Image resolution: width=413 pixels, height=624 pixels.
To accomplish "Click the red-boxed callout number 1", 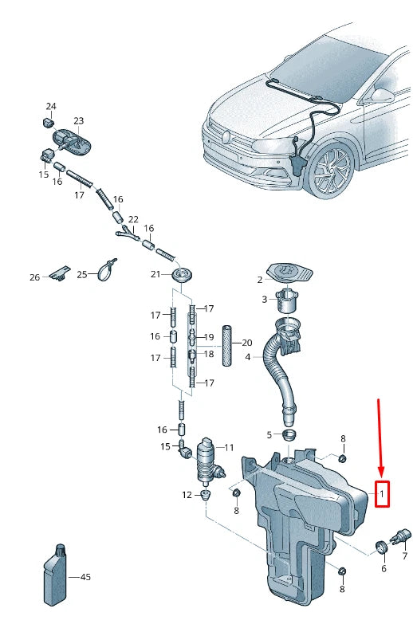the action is point(382,494).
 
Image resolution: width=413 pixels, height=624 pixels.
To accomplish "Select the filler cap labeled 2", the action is point(289,273).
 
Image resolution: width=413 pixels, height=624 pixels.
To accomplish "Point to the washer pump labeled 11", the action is point(209,463).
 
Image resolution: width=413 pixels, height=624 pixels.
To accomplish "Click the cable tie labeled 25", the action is point(107,270).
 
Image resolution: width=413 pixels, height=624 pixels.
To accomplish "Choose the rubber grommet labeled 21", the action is point(182,275).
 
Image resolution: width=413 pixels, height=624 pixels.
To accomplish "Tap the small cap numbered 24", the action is point(48,122).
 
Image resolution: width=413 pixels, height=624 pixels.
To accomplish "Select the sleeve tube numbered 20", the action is point(227,344).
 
